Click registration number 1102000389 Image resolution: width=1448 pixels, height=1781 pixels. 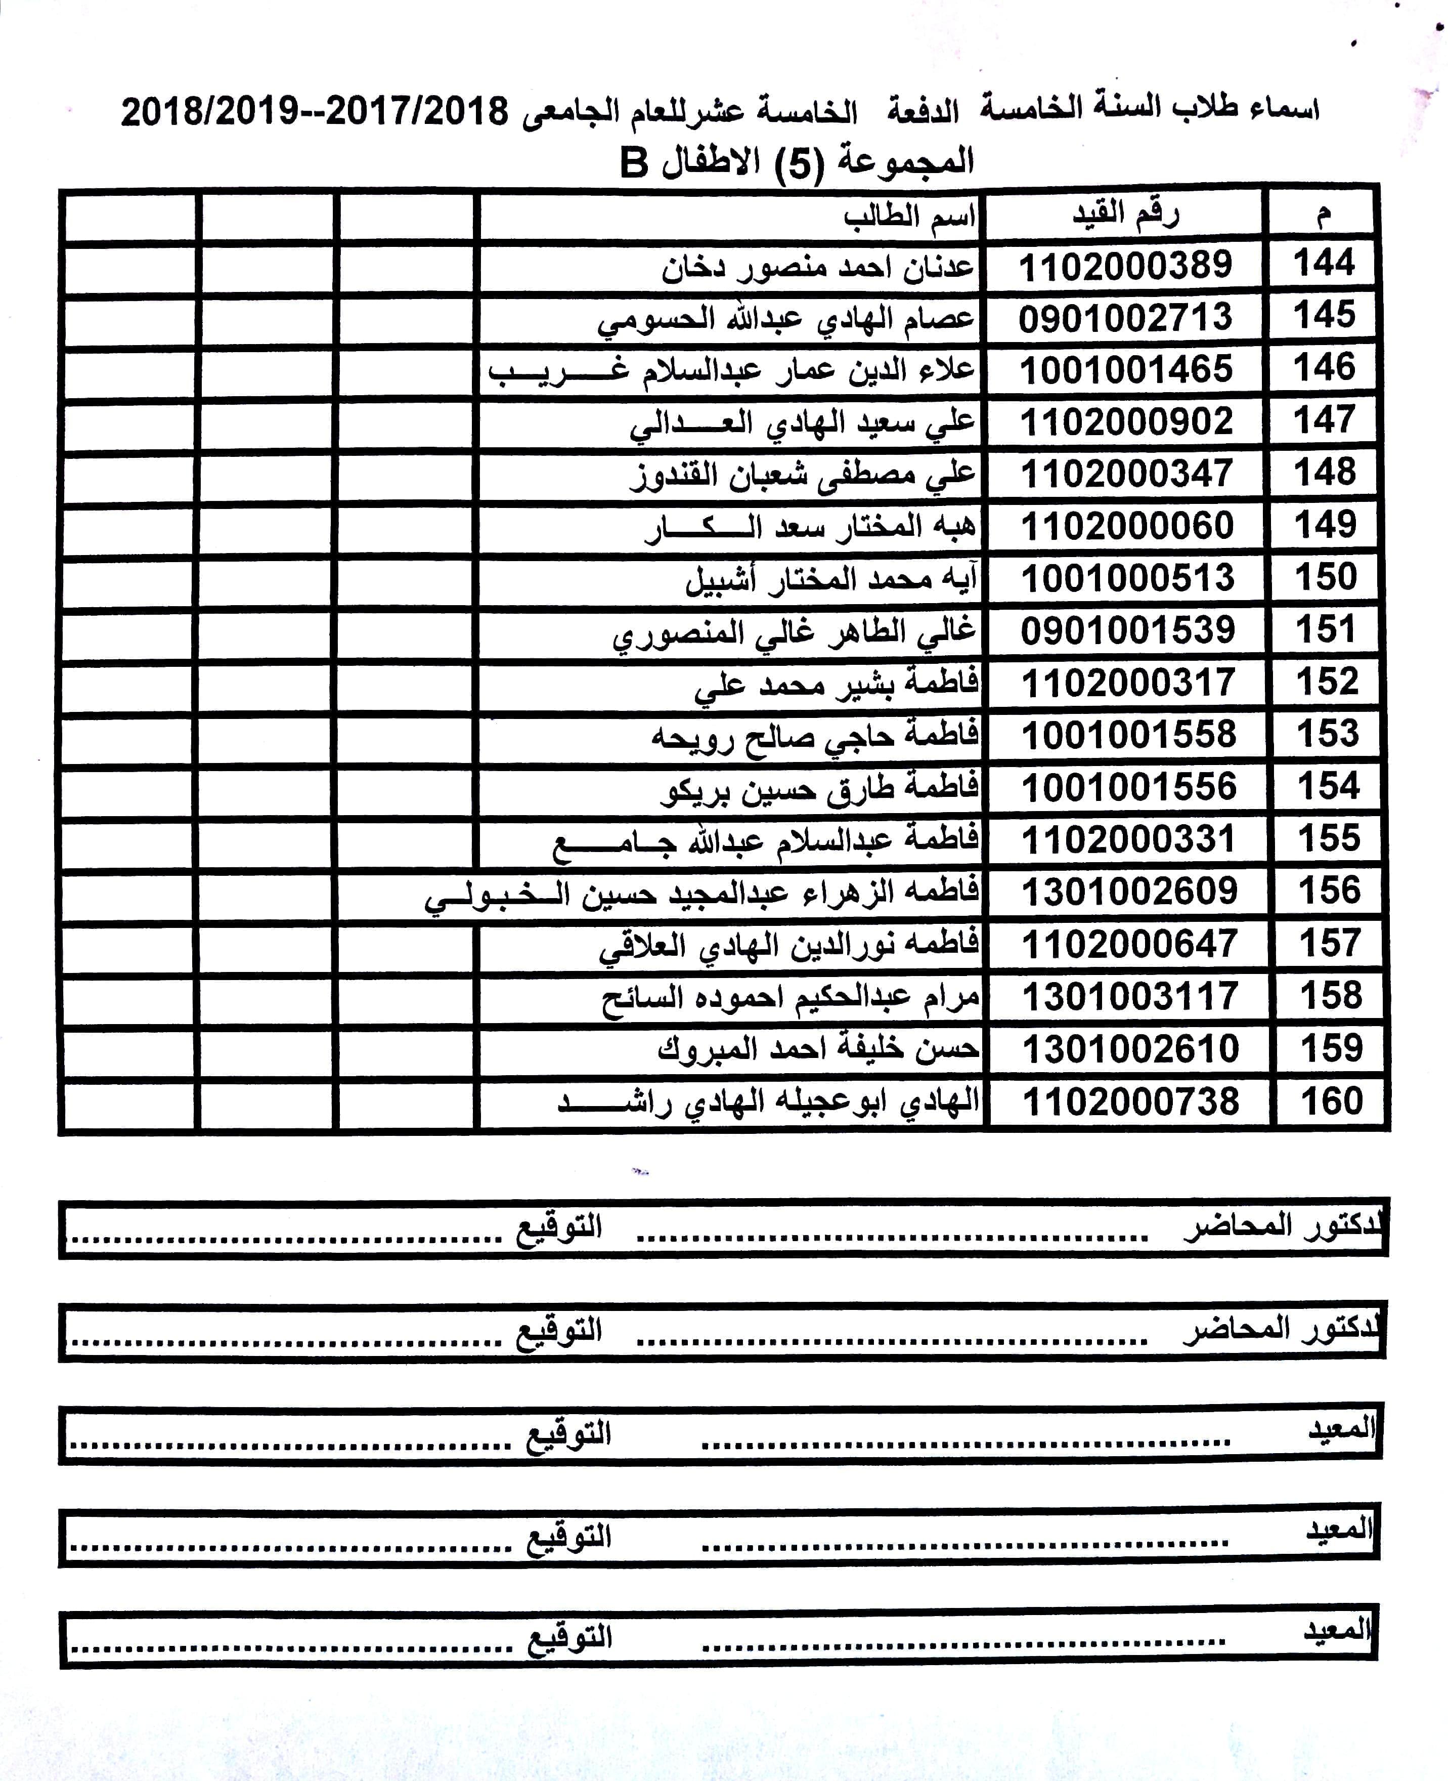click(1125, 266)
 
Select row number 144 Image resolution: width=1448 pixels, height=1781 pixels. click(1324, 264)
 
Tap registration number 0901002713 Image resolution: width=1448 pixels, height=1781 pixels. click(1125, 318)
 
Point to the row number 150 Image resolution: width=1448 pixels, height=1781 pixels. click(1326, 577)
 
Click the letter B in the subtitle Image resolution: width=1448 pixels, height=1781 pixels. click(634, 163)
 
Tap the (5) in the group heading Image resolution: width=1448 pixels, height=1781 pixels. click(799, 163)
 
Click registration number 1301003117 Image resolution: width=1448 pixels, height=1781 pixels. click(1130, 996)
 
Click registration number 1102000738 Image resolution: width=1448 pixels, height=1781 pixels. click(1130, 1101)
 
